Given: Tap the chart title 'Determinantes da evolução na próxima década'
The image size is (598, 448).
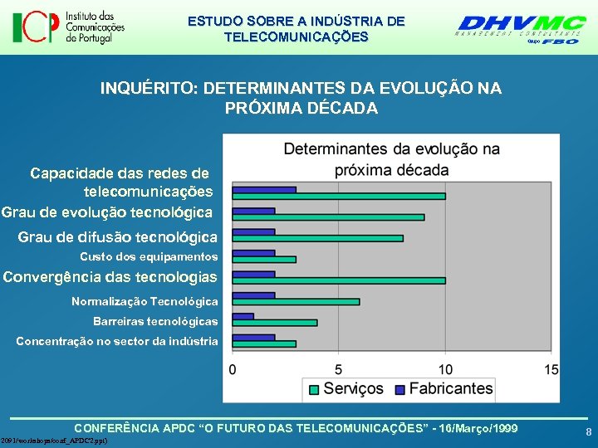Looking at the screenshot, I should pyautogui.click(x=391, y=159).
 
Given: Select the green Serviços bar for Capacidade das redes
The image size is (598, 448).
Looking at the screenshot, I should pyautogui.click(x=339, y=197).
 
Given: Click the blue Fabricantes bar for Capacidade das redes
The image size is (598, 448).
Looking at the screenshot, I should pyautogui.click(x=264, y=189).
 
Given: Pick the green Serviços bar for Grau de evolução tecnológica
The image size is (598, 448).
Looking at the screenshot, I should pyautogui.click(x=328, y=217).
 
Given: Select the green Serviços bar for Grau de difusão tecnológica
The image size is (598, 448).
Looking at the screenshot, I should pyautogui.click(x=317, y=238).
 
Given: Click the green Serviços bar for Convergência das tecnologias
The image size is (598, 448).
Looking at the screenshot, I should pyautogui.click(x=339, y=280).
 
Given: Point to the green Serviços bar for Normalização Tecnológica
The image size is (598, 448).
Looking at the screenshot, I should pyautogui.click(x=296, y=301).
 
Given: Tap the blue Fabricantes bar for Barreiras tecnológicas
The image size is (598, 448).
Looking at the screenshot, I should pyautogui.click(x=243, y=316).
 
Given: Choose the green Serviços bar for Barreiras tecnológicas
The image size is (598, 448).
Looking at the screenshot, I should pyautogui.click(x=275, y=323).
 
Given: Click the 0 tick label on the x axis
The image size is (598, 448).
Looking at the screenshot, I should pyautogui.click(x=233, y=368).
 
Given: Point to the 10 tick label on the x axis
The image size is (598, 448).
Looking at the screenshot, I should pyautogui.click(x=445, y=368).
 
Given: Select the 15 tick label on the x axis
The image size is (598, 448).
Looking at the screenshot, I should pyautogui.click(x=551, y=368).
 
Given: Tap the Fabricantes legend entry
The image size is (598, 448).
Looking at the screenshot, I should pyautogui.click(x=443, y=388).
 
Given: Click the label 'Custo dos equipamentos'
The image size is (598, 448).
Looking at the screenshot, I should pyautogui.click(x=149, y=257).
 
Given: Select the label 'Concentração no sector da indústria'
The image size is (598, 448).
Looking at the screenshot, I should pyautogui.click(x=117, y=341).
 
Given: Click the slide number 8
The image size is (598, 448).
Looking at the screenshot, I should pyautogui.click(x=588, y=432).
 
